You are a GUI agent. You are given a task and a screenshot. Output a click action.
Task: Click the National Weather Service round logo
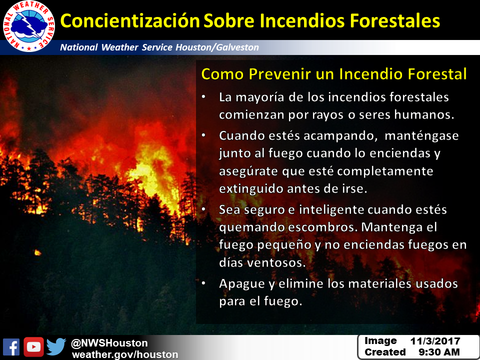tap(29, 26)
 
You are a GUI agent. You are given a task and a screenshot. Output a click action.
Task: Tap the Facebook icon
tap(11, 347)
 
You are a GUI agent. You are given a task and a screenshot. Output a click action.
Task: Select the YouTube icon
tap(33, 347)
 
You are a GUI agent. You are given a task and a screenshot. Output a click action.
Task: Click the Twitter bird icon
tap(56, 347)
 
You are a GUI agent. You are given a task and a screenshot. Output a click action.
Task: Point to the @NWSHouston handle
tap(109, 343)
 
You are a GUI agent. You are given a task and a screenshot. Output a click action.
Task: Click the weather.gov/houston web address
tap(125, 354)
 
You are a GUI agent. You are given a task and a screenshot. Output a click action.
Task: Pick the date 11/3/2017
tap(435, 341)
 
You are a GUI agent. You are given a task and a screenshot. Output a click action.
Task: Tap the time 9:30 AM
tap(439, 352)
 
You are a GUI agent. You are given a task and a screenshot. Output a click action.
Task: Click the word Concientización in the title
tap(130, 21)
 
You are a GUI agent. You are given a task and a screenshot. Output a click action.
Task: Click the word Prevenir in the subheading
tap(279, 74)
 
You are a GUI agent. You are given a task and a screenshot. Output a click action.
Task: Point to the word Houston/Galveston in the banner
tap(217, 47)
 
